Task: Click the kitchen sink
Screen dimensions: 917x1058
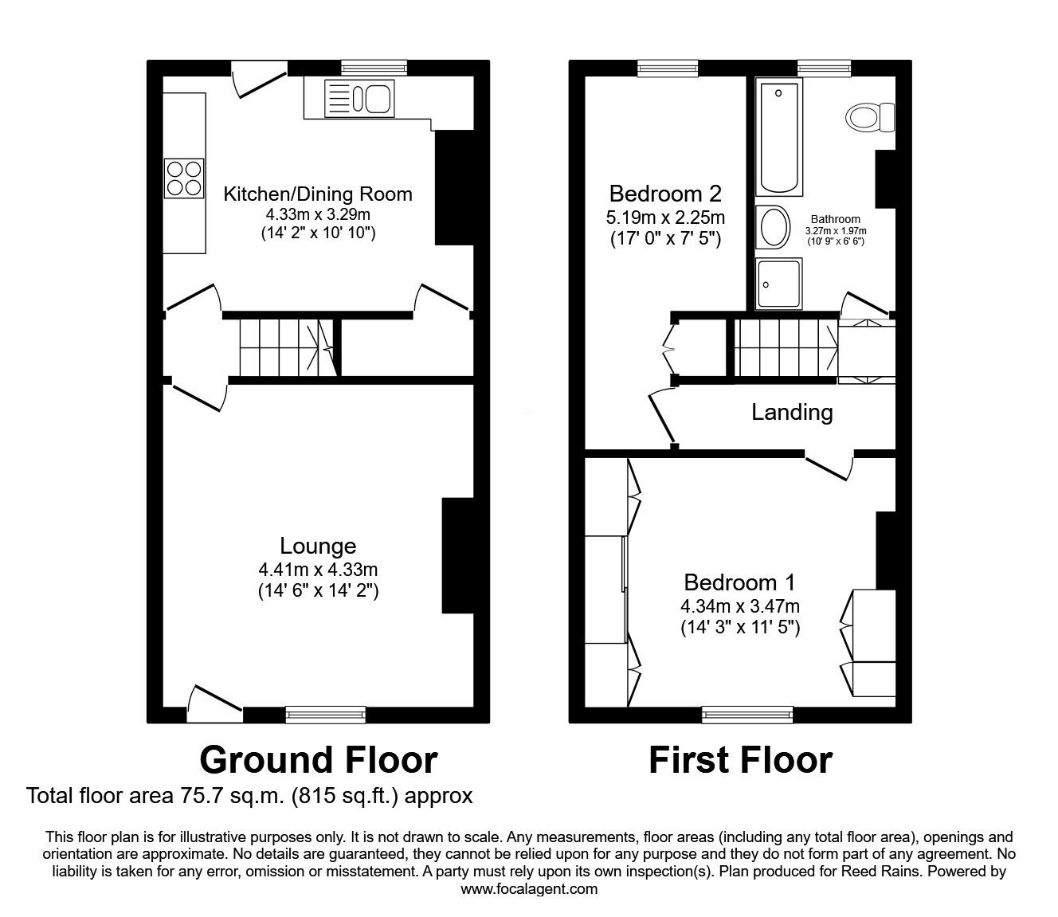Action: pyautogui.click(x=359, y=100)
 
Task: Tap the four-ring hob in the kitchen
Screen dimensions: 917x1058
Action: pyautogui.click(x=184, y=178)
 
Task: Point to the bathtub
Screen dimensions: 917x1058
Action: pyautogui.click(x=778, y=138)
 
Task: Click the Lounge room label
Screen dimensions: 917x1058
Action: pyautogui.click(x=318, y=546)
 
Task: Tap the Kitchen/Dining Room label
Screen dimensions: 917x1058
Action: pyautogui.click(x=318, y=194)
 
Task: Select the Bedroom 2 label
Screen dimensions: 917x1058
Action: pyautogui.click(x=665, y=194)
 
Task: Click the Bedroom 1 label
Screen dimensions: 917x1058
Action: pyautogui.click(x=739, y=582)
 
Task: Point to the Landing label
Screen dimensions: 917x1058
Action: pyautogui.click(x=792, y=412)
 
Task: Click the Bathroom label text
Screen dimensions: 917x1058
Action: pyautogui.click(x=835, y=219)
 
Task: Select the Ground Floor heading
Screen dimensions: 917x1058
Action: pyautogui.click(x=318, y=760)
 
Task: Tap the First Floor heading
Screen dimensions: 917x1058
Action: pyautogui.click(x=740, y=760)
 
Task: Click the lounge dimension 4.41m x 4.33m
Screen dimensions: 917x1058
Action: pyautogui.click(x=318, y=569)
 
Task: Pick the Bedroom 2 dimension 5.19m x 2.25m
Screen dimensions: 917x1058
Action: pyautogui.click(x=665, y=217)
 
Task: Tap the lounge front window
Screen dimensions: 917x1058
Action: pyautogui.click(x=326, y=715)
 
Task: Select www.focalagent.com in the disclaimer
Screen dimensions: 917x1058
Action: pyautogui.click(x=529, y=889)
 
